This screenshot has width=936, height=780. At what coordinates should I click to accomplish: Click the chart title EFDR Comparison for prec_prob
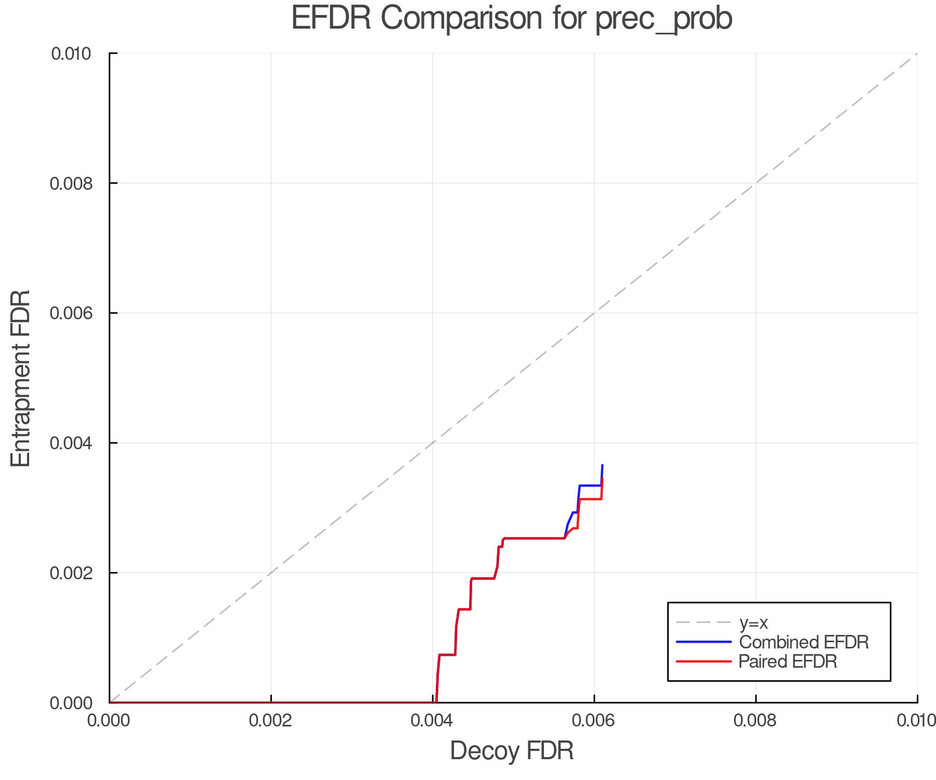coord(512,18)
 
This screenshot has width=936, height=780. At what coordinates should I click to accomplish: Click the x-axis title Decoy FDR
coord(512,750)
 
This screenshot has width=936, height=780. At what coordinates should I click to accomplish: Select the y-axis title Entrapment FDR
coord(21,378)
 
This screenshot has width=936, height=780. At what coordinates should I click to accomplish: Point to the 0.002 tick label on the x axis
coord(271,720)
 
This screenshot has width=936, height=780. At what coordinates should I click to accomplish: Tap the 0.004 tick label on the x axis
coord(433,720)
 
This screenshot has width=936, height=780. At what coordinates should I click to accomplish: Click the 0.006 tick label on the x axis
coord(594,720)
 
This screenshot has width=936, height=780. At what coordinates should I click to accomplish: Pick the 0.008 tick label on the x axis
coord(756,720)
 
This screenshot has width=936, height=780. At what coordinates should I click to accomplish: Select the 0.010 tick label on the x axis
coord(916,720)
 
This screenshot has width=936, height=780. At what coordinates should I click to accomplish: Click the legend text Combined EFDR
coord(803,642)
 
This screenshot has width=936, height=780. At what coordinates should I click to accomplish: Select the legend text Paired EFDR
coord(787,661)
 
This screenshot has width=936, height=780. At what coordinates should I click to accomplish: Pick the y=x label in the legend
coord(753,622)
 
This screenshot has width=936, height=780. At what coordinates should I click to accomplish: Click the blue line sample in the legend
coord(704,642)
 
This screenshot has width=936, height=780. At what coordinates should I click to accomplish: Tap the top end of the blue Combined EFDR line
coord(602,465)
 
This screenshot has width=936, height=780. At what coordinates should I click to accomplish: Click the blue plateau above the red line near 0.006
coord(590,485)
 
